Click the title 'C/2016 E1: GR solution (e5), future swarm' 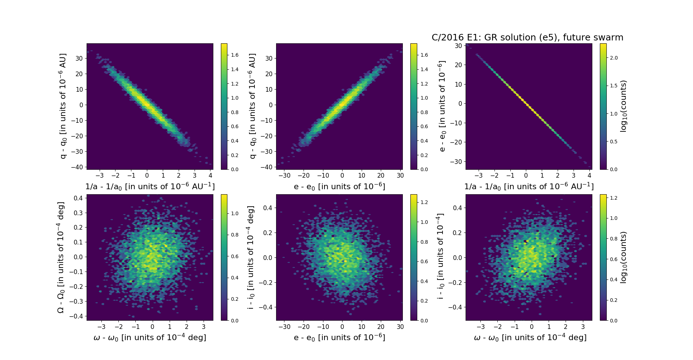(527, 38)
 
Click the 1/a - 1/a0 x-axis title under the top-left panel (150, 187)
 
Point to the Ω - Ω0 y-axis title (61, 257)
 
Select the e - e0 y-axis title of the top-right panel (441, 106)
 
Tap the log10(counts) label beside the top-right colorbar (623, 106)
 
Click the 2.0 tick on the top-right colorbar (613, 58)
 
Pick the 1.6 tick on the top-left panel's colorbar (235, 55)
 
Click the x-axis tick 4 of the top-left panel (211, 175)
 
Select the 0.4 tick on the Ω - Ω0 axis (79, 198)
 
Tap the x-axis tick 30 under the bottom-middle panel (400, 327)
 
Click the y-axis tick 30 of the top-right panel (458, 46)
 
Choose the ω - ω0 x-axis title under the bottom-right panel (530, 338)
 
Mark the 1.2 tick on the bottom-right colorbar (613, 198)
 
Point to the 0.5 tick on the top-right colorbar (613, 142)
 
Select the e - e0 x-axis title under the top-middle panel (339, 187)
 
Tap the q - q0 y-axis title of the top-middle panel (252, 106)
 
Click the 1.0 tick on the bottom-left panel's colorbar (235, 213)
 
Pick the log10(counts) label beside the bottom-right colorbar (623, 257)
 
